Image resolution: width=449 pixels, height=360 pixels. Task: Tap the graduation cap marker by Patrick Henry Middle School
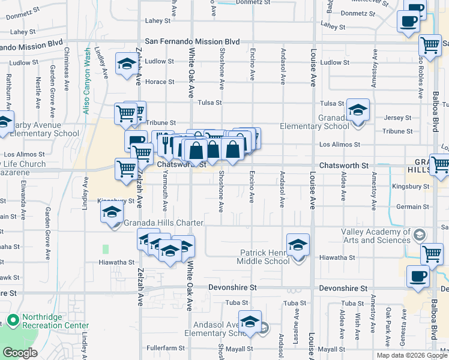pos(298,245)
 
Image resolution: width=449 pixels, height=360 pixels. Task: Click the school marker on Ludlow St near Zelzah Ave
pos(126,64)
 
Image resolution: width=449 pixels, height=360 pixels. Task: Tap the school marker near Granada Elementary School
pos(358,110)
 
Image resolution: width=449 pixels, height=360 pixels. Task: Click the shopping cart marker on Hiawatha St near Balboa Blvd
pos(432,254)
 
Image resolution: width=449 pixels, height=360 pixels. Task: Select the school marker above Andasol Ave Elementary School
pos(250,320)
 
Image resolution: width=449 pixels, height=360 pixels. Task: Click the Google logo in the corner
pos(20,353)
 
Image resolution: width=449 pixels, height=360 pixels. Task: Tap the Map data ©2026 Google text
pos(412,355)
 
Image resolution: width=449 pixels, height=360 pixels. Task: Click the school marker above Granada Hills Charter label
pos(112,213)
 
